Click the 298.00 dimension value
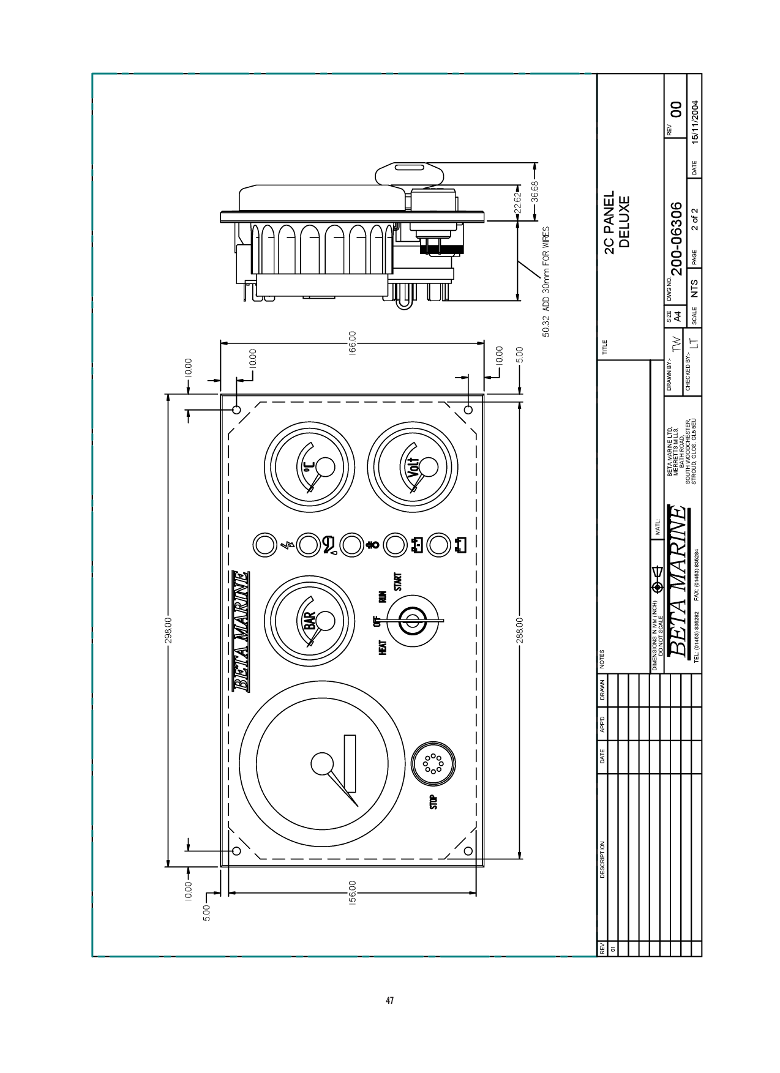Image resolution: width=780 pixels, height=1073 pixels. coord(171,630)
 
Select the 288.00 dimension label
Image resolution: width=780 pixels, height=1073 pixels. coord(519,630)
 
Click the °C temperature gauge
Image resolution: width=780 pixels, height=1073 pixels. coord(309,468)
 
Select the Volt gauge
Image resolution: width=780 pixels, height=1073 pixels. coord(413,468)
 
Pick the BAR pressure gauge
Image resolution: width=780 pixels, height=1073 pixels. coord(313,621)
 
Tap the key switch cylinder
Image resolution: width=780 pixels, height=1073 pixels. coord(413,622)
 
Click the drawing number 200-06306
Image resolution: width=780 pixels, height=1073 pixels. coord(676,237)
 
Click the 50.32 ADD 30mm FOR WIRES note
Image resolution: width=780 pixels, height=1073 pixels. coord(547,282)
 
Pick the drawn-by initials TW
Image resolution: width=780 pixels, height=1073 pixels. coord(676,343)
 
